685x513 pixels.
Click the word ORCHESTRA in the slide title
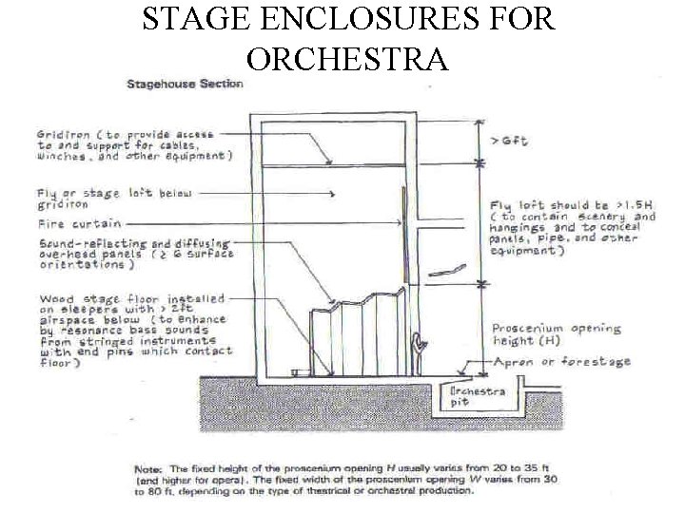point(346,59)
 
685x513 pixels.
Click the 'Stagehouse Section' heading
point(186,84)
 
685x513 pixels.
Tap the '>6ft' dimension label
point(509,140)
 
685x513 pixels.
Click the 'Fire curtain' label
point(79,224)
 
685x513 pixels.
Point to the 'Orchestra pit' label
point(478,396)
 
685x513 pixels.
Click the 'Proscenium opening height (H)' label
point(556,335)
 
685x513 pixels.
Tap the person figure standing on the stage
point(418,351)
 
